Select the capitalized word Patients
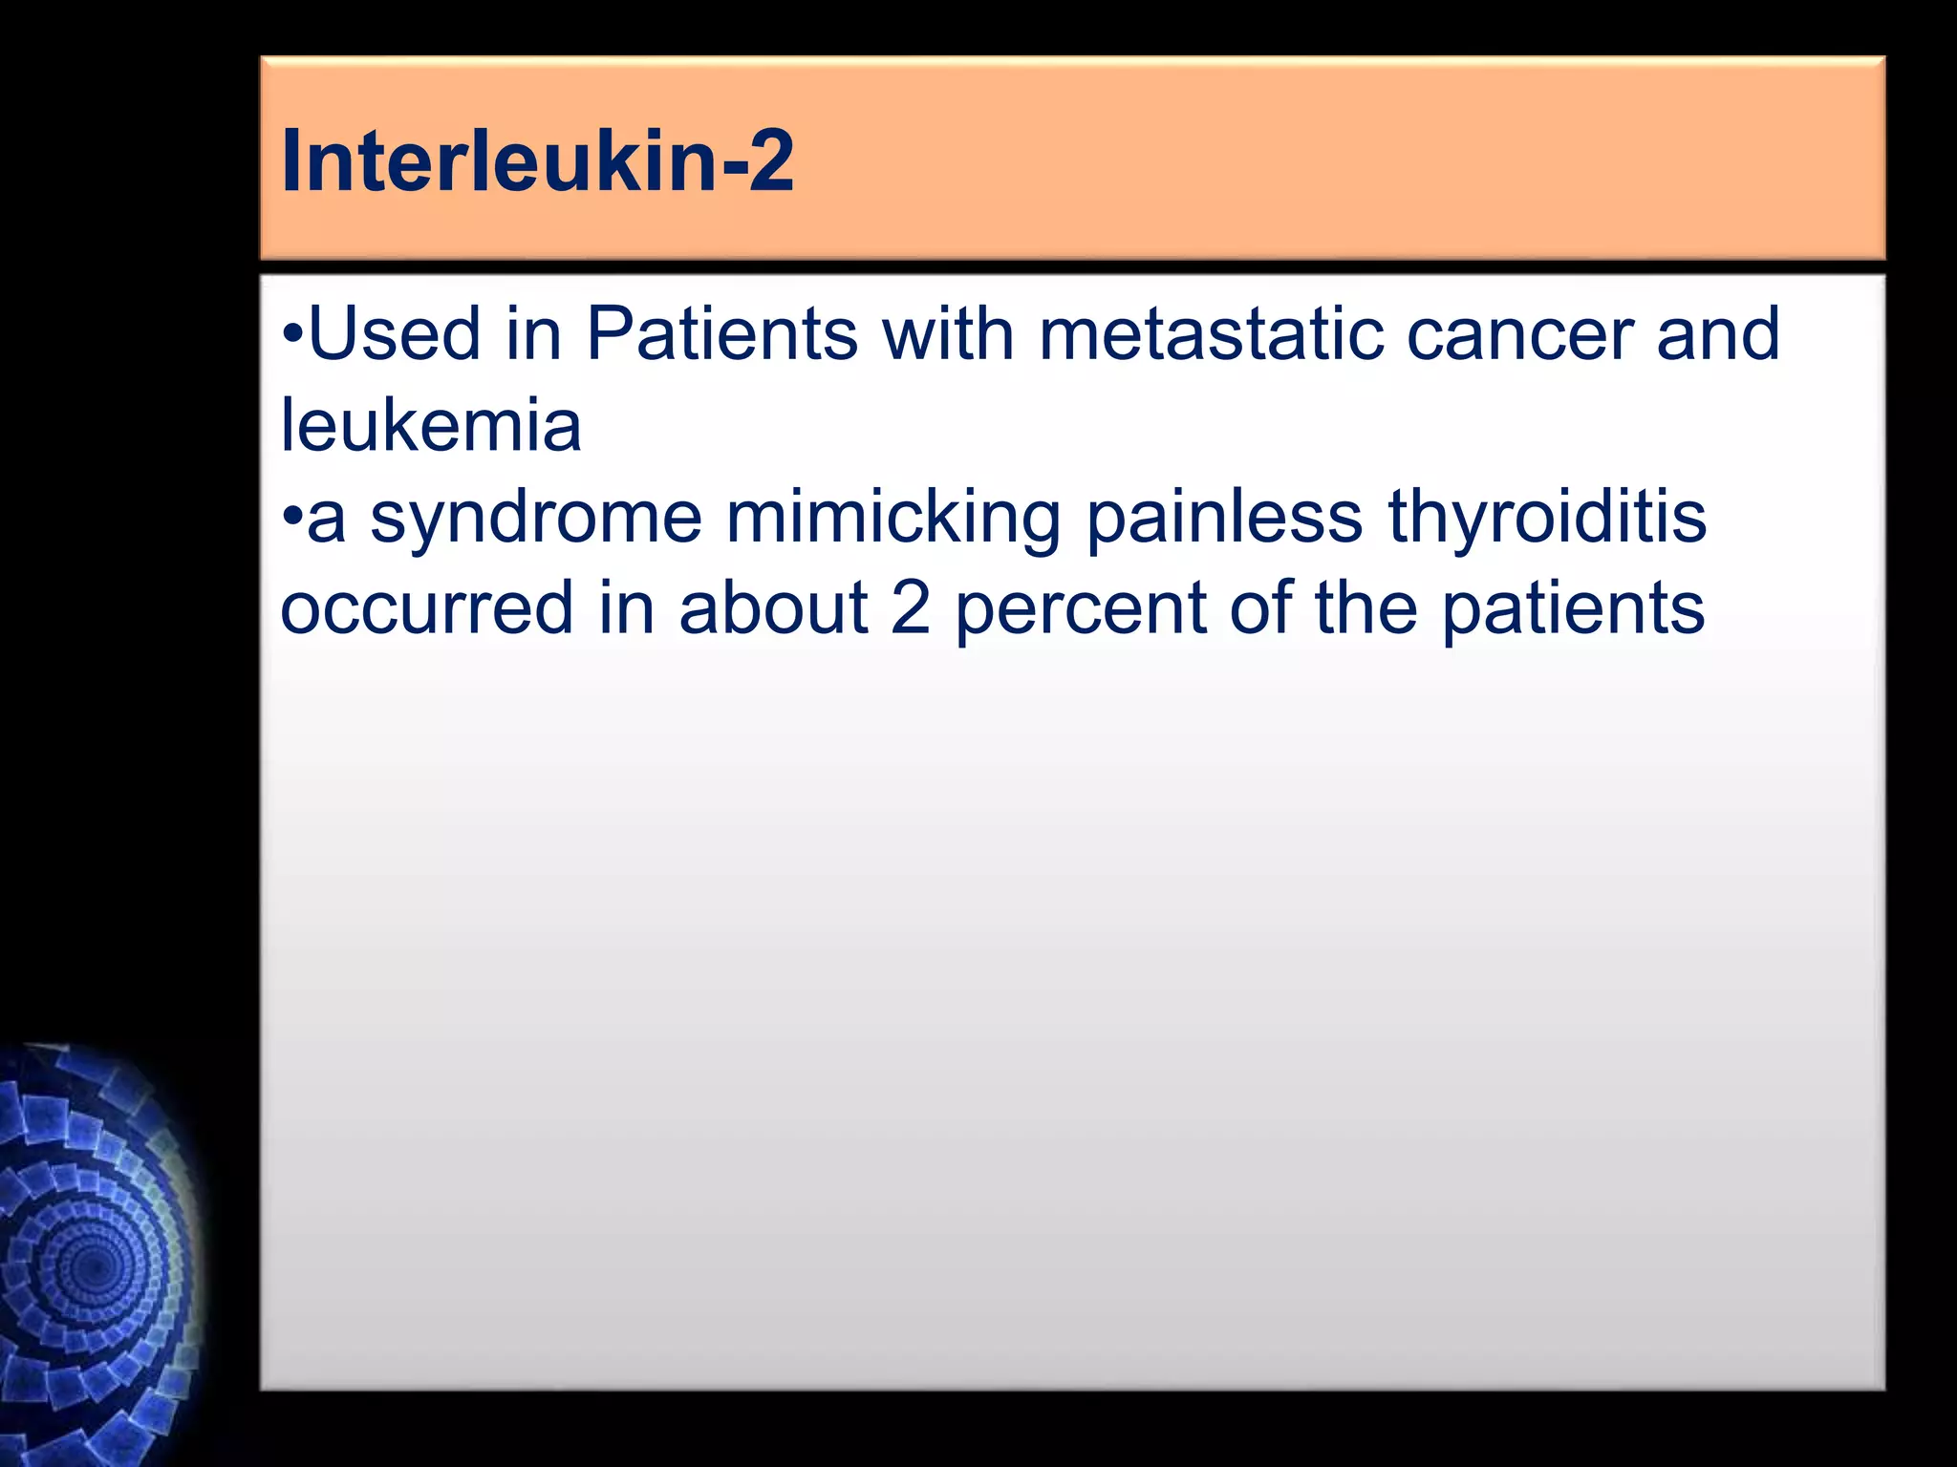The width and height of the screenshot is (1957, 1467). (721, 333)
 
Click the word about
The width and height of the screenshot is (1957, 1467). (773, 608)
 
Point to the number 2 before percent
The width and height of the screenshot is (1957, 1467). (910, 608)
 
